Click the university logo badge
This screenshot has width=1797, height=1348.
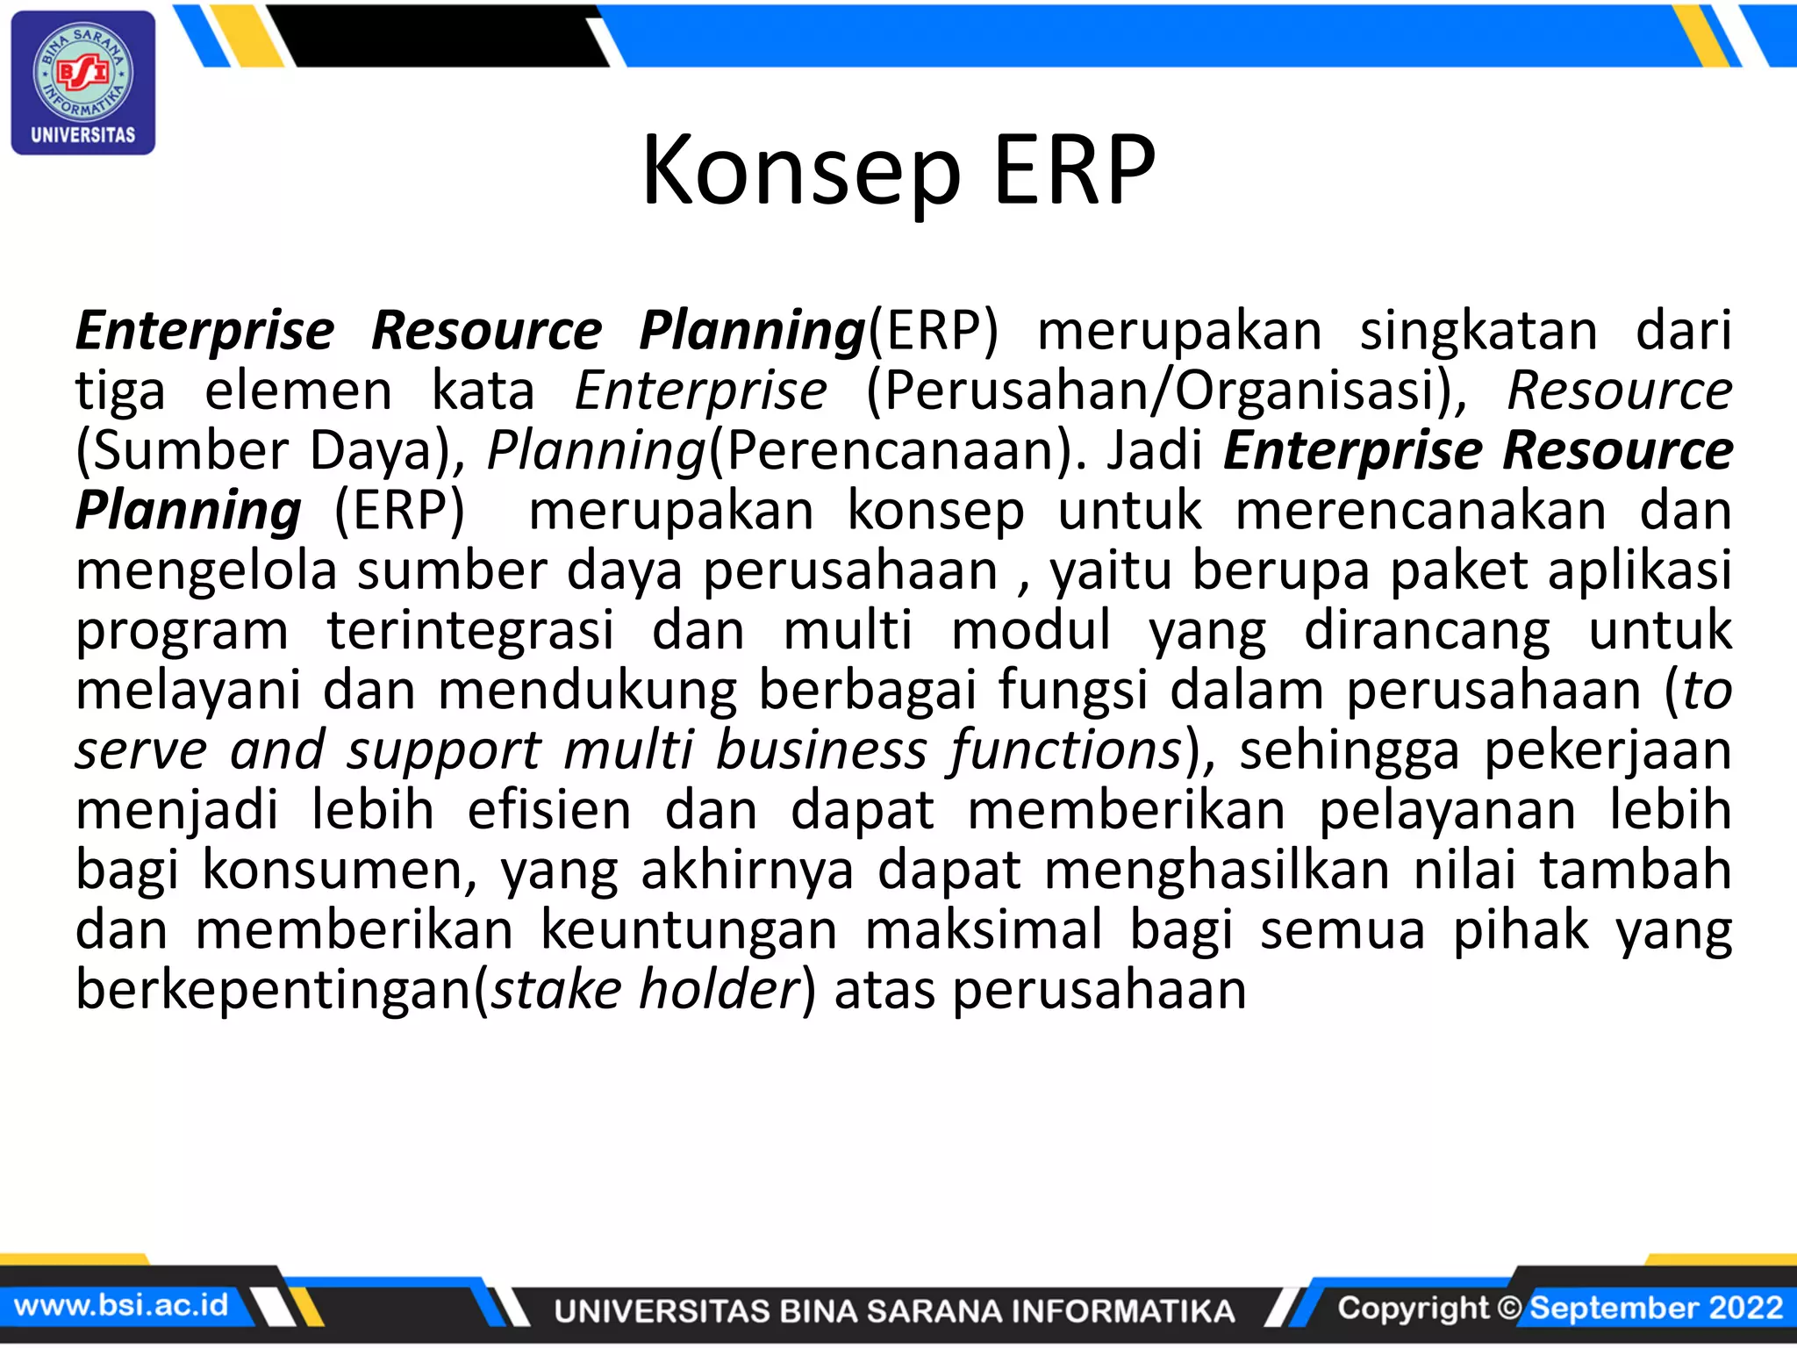click(83, 82)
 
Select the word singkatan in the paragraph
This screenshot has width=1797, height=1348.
click(1478, 332)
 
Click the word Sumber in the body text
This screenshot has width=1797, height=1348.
click(190, 451)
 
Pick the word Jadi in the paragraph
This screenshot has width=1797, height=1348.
click(1154, 451)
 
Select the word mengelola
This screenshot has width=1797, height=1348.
click(206, 571)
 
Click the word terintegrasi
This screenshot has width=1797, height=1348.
click(470, 631)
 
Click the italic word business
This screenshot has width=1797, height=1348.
click(821, 751)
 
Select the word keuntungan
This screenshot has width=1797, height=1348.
click(689, 930)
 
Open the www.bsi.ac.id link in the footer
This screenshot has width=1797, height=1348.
click(121, 1305)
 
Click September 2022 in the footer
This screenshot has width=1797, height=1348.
click(1657, 1308)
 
